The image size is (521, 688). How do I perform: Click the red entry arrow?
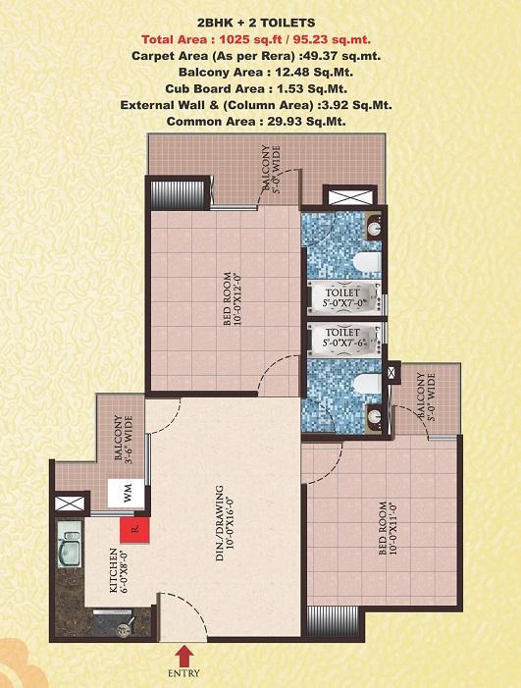[x=184, y=656]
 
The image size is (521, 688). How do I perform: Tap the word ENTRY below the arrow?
[x=183, y=673]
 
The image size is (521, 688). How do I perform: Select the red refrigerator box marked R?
[x=135, y=530]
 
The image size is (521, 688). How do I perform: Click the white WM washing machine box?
[x=127, y=494]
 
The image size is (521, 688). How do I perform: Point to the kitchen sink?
[x=70, y=544]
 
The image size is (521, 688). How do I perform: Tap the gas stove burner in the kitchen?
[x=124, y=630]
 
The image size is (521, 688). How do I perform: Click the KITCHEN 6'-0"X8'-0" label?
[x=119, y=570]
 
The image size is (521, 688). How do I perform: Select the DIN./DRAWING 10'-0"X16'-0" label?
[x=225, y=522]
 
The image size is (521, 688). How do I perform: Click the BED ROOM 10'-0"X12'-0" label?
[x=233, y=299]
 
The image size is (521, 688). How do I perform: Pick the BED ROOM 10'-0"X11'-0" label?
[x=389, y=528]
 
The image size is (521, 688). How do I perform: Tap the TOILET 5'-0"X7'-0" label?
[x=344, y=297]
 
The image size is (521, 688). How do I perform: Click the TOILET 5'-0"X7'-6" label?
[x=343, y=338]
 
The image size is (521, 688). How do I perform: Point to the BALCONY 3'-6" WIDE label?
[x=124, y=439]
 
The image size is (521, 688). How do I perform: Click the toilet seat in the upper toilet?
[x=367, y=262]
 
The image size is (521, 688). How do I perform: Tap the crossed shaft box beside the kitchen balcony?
[x=70, y=503]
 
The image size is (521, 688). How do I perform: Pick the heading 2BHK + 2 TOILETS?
[x=256, y=23]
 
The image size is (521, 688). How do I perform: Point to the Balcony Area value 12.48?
[x=289, y=72]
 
